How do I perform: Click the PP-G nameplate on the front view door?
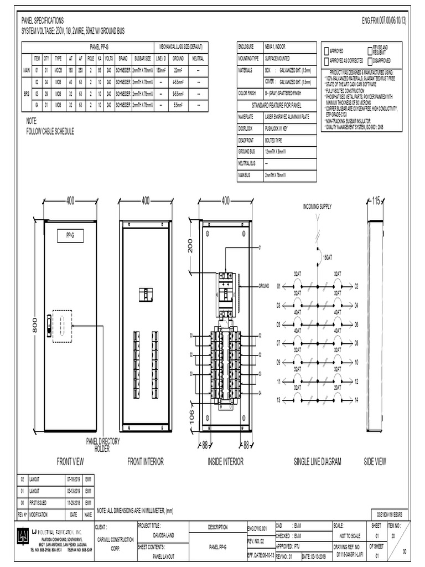click(70, 236)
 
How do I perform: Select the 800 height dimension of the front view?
click(34, 327)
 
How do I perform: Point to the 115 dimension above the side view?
click(377, 202)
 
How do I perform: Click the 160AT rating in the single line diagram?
click(327, 257)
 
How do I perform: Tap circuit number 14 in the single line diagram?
click(357, 400)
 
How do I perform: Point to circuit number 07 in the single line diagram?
click(278, 343)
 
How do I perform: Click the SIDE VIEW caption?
click(375, 461)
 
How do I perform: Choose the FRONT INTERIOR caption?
click(146, 461)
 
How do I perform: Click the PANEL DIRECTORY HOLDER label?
click(102, 444)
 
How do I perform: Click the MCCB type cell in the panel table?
click(58, 71)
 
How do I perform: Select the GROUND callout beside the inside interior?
click(263, 286)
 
